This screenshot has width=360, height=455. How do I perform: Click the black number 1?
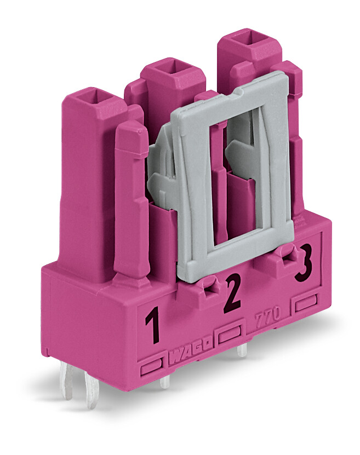153,325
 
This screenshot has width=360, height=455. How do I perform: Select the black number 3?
304,263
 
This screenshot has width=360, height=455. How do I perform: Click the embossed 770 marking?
267,315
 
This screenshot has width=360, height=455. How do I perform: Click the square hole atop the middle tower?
174,68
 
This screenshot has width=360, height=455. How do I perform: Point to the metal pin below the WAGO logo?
164,382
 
